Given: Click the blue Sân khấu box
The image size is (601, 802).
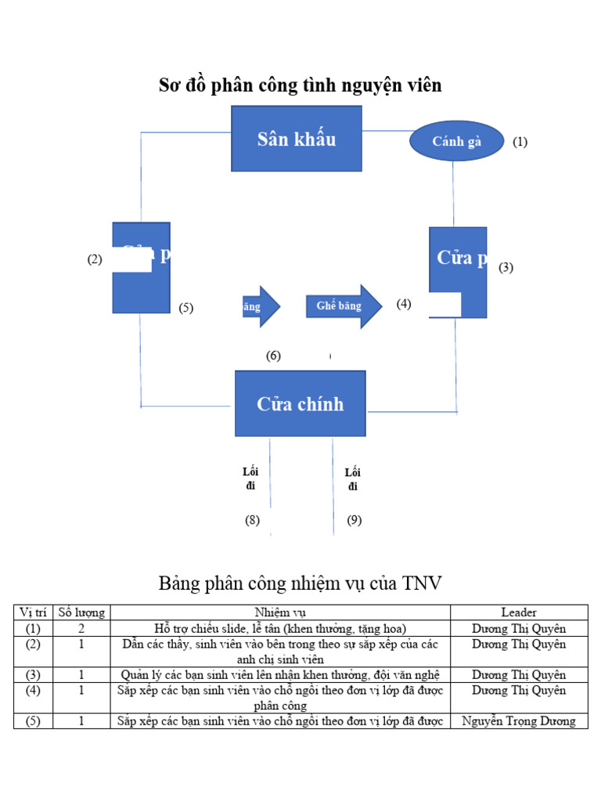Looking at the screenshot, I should coord(296,139).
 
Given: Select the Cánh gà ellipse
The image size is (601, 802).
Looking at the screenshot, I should coord(457,142).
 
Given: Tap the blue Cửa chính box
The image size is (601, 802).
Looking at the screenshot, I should coord(300,403).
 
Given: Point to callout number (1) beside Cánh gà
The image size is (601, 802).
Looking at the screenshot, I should coord(520,143).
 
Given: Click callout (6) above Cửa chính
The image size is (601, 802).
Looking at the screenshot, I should coord(273,356).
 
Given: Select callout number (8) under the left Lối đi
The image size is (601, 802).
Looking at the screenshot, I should coord(252,520).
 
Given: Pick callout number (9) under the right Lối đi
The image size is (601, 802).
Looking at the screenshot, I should coord(354,520).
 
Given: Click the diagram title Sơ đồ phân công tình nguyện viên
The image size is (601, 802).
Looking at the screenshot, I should coord(300,85).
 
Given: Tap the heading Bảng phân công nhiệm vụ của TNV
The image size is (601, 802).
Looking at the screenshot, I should coord(300,583).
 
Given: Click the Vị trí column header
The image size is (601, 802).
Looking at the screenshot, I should coord(33,612).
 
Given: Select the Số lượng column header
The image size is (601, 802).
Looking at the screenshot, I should coord(81,612).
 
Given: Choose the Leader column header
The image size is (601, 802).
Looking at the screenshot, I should coord(519,612).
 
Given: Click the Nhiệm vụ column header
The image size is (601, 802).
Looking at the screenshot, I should coord(280,612).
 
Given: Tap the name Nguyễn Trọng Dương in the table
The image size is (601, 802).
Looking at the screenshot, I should coord(519,721).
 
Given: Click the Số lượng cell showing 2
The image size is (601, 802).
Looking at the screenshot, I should coord(81,628).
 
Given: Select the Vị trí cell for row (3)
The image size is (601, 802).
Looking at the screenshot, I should coord(33,675).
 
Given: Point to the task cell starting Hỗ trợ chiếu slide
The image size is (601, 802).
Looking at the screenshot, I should coord(280,628).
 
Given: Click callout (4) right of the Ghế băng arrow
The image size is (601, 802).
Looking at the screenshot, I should coord(404,304).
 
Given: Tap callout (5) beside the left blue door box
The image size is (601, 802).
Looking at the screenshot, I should coord(185,308).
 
